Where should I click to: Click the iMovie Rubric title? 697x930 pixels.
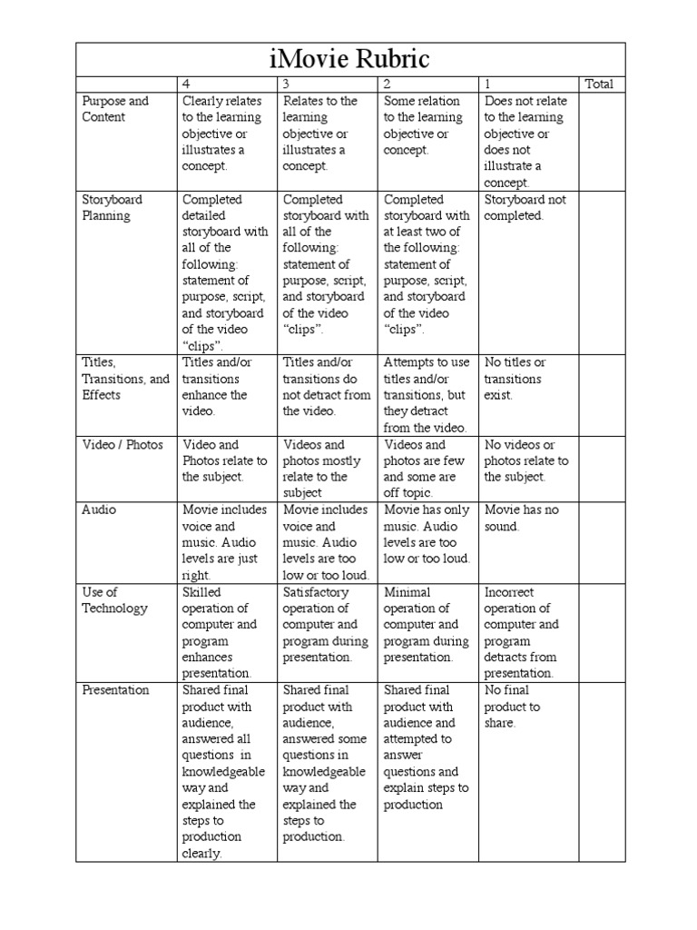(x=348, y=59)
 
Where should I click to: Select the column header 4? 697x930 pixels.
(x=187, y=84)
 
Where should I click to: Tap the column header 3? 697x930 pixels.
(x=288, y=84)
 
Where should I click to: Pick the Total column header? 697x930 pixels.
(x=599, y=84)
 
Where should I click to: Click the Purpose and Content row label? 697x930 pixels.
(x=115, y=109)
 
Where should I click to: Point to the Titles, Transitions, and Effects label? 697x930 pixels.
(x=125, y=379)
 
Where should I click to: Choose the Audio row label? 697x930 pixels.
(x=99, y=510)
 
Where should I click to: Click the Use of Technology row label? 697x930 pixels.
(x=114, y=600)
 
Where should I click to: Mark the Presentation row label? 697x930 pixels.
(x=115, y=690)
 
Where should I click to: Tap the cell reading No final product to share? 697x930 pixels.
(x=513, y=707)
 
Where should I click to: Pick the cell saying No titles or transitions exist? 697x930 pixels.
(x=513, y=379)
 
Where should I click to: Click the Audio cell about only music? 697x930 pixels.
(x=427, y=535)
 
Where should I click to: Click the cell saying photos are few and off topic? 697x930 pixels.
(x=425, y=469)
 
